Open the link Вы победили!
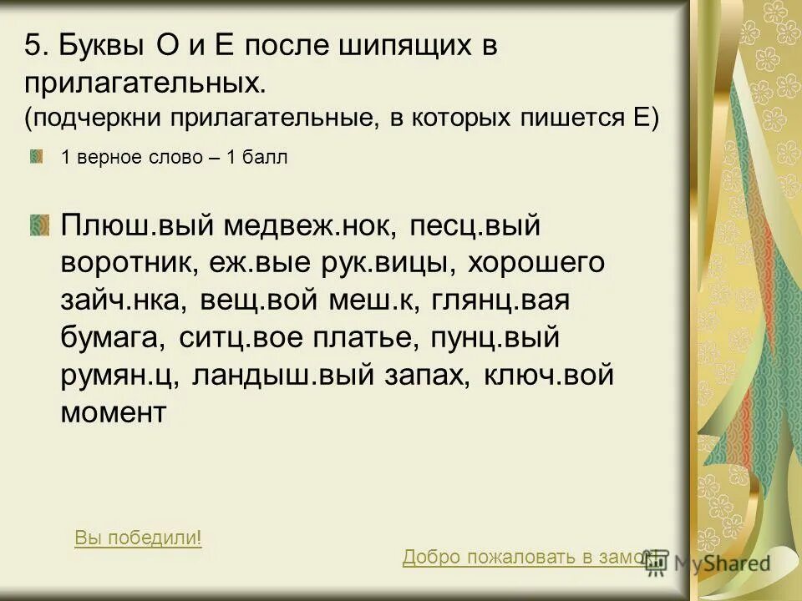pos(139,538)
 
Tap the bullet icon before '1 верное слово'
pos(38,157)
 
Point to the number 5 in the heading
pos(32,45)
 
